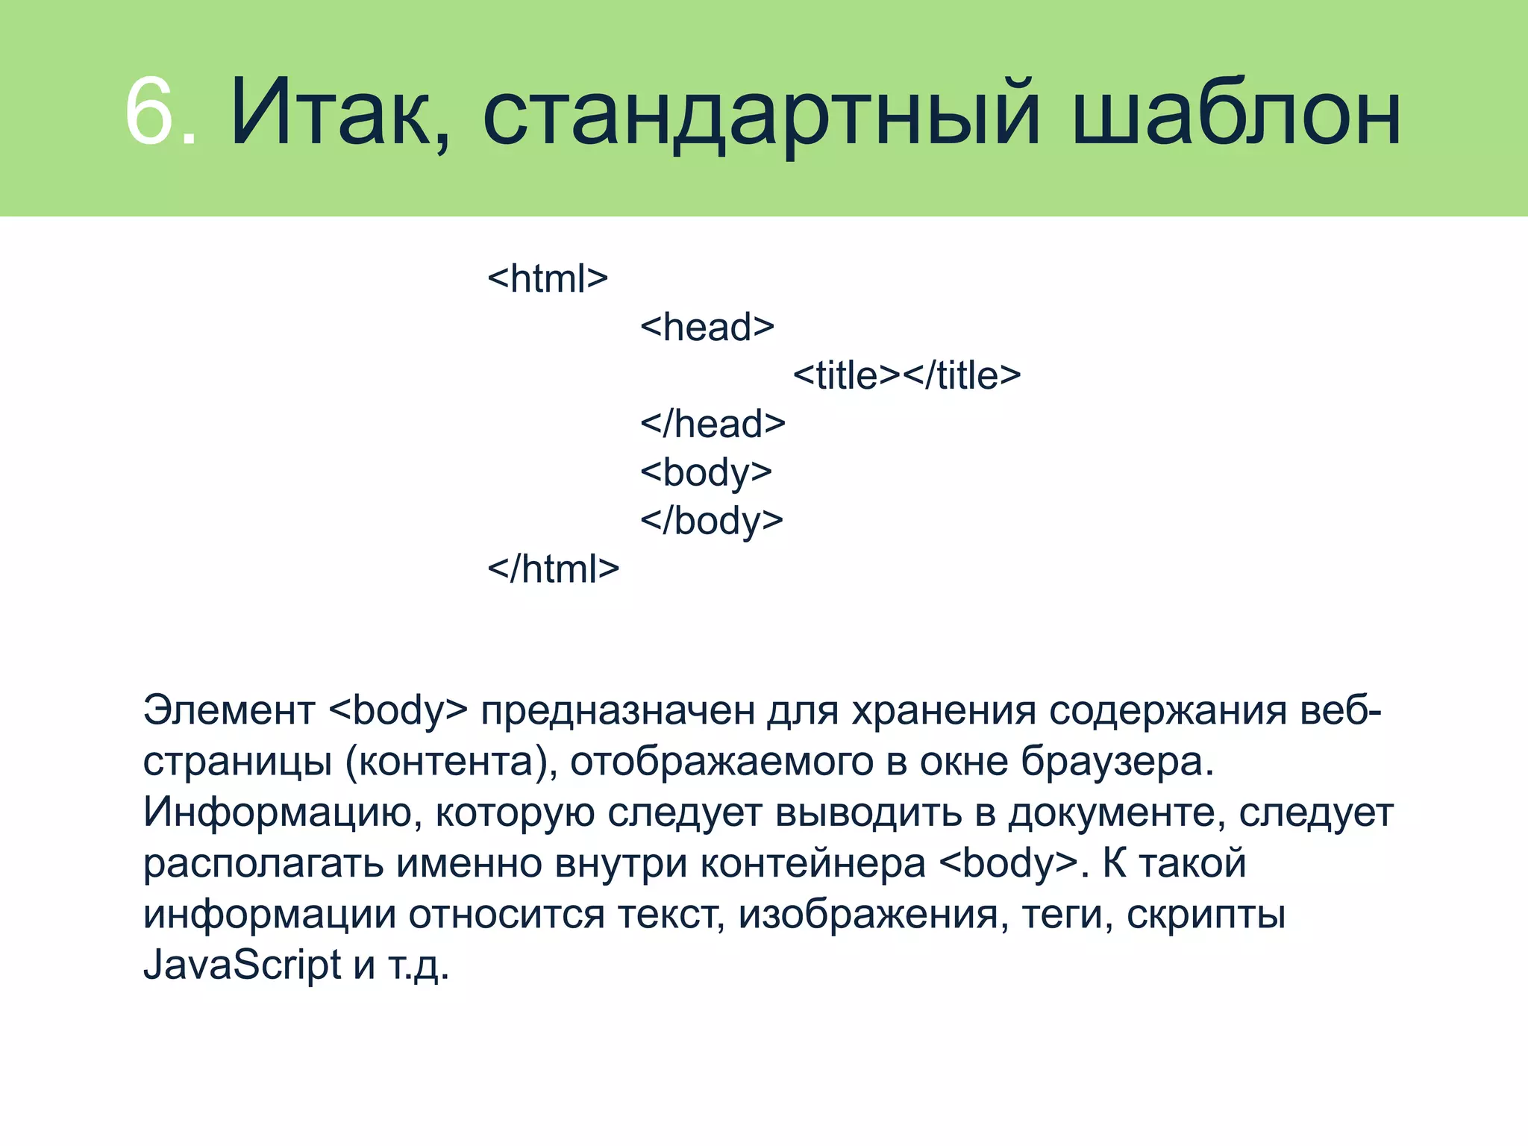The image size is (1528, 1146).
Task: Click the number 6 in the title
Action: coord(149,112)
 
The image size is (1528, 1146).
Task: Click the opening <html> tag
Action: coord(548,279)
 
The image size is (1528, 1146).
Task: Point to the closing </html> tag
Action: coord(553,569)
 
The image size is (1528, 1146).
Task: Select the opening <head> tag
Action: coord(707,328)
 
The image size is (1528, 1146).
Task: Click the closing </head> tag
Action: coord(713,424)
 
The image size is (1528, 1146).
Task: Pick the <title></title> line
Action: coord(907,375)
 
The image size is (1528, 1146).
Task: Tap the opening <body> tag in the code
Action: coord(706,473)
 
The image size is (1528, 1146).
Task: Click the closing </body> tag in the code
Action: coord(711,521)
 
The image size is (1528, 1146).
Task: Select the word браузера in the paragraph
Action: coord(1116,762)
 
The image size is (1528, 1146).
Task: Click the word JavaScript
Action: coord(242,965)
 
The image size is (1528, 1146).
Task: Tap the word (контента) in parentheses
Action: coord(451,762)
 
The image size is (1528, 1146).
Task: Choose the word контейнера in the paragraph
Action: coord(813,863)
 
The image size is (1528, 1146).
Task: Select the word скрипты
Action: coord(1206,915)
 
